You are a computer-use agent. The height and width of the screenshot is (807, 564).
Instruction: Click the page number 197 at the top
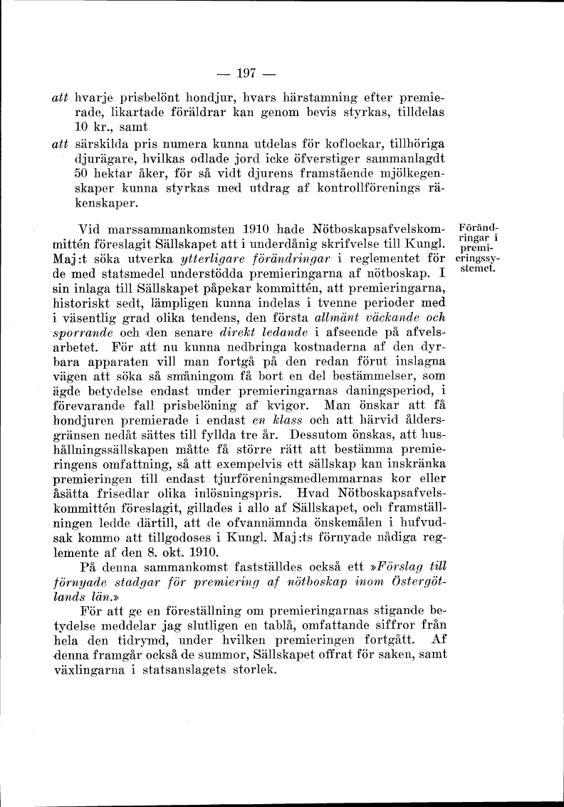[246, 73]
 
